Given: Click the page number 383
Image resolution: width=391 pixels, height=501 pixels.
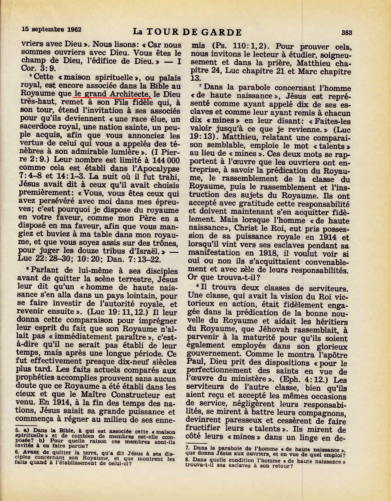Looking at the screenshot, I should coord(347,33).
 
